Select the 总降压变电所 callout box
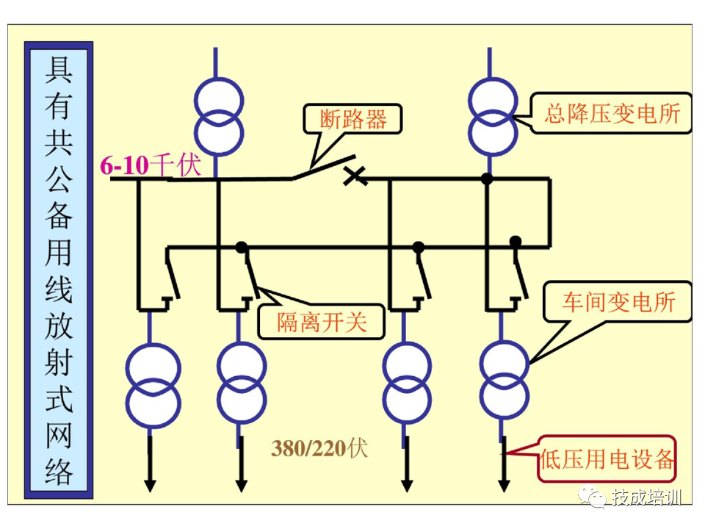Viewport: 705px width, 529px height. click(x=612, y=113)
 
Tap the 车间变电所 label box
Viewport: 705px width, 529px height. click(x=618, y=302)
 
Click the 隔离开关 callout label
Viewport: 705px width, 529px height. click(x=321, y=322)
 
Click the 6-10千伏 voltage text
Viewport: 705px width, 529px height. click(x=150, y=165)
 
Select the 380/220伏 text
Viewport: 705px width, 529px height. click(x=319, y=448)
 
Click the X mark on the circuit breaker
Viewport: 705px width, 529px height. click(x=355, y=175)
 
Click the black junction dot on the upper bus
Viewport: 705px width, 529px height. click(x=485, y=178)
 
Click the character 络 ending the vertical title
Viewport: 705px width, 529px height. click(x=58, y=471)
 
